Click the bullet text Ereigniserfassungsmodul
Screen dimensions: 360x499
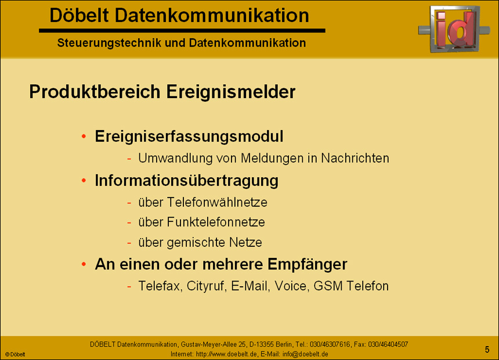[189, 137]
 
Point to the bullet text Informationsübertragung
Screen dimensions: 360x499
[186, 181]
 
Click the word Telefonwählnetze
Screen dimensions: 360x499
[217, 203]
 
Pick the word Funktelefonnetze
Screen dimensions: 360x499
[216, 222]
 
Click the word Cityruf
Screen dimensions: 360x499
[207, 286]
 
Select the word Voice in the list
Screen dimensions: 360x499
[291, 286]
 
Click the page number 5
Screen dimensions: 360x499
[487, 349]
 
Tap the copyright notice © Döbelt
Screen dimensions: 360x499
[15, 354]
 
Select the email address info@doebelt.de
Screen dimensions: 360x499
[305, 354]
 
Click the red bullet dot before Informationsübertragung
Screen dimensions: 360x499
[84, 181]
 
